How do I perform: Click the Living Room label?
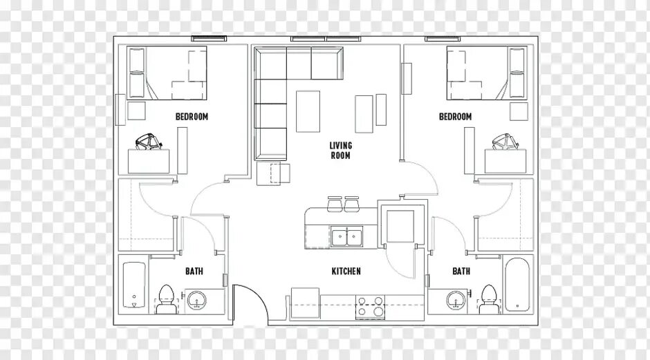(340, 151)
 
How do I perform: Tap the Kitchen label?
(346, 272)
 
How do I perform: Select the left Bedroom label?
(192, 116)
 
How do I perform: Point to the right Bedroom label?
(455, 116)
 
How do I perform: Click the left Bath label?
(194, 272)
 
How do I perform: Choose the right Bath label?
(461, 272)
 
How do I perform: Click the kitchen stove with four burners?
(370, 307)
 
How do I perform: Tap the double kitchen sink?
(346, 237)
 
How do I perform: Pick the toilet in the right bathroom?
(488, 299)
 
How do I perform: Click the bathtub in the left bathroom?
(134, 285)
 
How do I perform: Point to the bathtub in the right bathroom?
(517, 284)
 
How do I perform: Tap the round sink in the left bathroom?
(196, 299)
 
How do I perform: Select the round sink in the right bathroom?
(456, 299)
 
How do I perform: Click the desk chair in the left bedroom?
(149, 140)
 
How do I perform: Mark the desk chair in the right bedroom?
(505, 140)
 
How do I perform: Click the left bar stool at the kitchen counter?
(334, 204)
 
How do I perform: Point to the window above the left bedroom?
(209, 39)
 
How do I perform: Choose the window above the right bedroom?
(443, 39)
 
